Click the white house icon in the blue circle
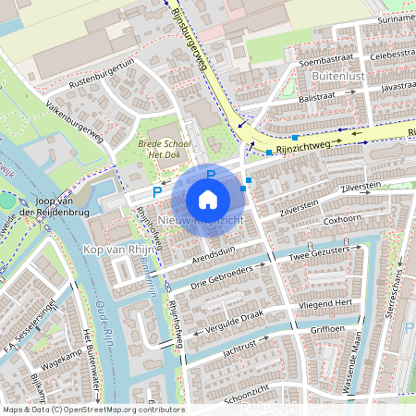coord(208,200)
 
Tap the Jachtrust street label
coord(239,344)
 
